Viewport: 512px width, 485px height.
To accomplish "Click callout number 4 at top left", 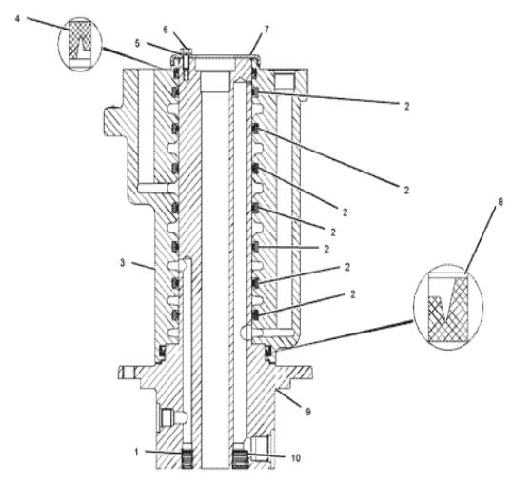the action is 17,19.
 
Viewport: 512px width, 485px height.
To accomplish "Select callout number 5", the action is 137,44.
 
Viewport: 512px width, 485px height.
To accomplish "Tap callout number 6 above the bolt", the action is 166,30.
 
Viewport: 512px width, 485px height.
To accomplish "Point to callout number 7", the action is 266,30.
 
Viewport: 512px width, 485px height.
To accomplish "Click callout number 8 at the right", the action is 501,202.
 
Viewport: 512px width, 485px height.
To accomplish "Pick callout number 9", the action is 308,412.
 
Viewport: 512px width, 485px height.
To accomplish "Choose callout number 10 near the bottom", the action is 295,458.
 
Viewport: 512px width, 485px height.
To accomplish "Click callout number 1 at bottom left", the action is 137,453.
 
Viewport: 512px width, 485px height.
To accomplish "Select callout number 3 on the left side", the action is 123,263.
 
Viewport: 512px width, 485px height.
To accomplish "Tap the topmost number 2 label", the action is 406,106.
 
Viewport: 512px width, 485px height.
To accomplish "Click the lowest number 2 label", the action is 352,294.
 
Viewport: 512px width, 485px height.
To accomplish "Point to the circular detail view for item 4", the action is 80,44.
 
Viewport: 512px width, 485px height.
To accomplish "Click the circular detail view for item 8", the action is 448,307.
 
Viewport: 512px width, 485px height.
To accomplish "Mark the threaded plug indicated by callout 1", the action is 187,459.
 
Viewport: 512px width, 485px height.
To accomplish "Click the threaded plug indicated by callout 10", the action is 241,459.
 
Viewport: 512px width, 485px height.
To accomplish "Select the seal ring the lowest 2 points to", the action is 255,314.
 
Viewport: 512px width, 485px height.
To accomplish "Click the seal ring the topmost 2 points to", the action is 255,92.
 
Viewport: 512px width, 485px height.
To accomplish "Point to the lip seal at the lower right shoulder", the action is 268,352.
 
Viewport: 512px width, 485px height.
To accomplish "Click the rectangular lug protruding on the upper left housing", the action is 113,122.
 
